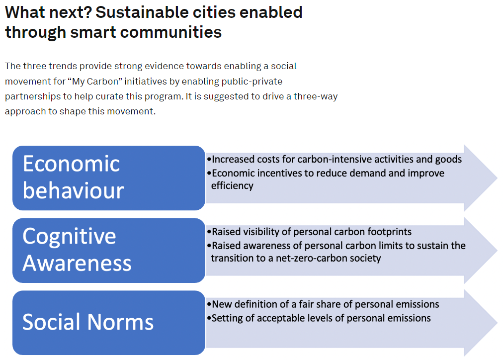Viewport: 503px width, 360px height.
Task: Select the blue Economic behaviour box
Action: click(x=109, y=178)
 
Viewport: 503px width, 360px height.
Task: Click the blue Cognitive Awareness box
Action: click(x=109, y=250)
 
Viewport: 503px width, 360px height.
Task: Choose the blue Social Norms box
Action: click(x=109, y=323)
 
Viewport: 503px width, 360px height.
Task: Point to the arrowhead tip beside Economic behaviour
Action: click(x=498, y=178)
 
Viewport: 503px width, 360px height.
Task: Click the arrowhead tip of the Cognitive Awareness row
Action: click(x=498, y=250)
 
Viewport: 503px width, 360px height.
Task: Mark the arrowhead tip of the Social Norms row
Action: click(x=498, y=323)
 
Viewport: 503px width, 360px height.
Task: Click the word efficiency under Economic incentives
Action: click(x=232, y=186)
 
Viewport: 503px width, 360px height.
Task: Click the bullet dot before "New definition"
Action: click(x=209, y=304)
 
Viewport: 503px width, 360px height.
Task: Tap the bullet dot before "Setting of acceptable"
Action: click(x=209, y=318)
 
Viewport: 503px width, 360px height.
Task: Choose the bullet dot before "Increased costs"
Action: click(x=209, y=160)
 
